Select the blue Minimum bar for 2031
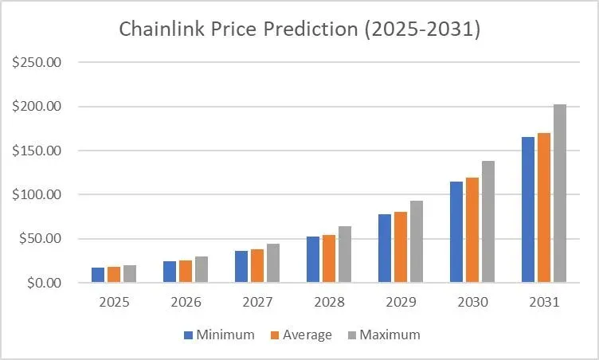527,209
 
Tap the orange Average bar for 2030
472,230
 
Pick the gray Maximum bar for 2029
416,242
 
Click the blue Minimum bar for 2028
312,260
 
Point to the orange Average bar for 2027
256,266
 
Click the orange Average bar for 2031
543,208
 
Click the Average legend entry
301,335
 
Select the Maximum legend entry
382,335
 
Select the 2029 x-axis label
400,303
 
